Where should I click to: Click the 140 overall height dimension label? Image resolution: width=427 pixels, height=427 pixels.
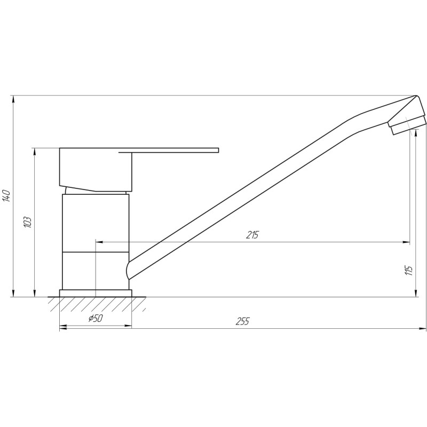[x=6, y=195]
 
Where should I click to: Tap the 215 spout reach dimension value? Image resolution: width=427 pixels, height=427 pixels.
[x=252, y=235]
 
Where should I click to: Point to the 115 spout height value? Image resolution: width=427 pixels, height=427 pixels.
[x=409, y=270]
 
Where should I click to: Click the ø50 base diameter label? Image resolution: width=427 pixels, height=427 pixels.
[x=94, y=319]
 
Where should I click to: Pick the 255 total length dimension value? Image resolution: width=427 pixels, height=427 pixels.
[x=243, y=321]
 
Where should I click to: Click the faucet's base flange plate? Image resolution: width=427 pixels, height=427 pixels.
[x=95, y=293]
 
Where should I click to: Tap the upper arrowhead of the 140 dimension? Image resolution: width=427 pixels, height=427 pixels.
[x=13, y=99]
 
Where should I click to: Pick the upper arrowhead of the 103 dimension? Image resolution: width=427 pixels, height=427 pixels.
[x=35, y=152]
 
